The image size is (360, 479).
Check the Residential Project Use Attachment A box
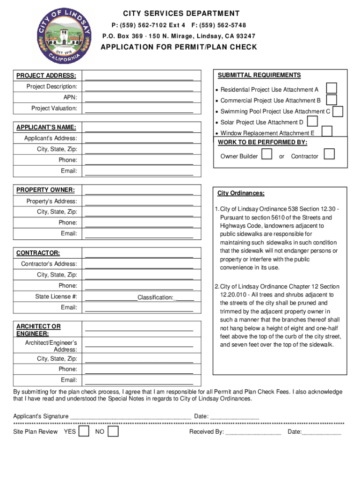click(331, 88)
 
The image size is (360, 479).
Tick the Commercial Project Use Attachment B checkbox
click(331, 100)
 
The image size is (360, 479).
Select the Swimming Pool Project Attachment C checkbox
click(338, 111)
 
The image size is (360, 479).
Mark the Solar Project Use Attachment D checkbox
click(312, 122)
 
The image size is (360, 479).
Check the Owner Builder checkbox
click(267, 154)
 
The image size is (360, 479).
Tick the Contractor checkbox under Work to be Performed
click(329, 154)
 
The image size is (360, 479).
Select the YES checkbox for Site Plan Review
click(84, 431)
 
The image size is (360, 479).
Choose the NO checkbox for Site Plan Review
click(113, 431)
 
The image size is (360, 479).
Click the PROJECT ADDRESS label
click(46, 76)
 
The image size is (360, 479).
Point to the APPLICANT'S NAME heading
click(46, 127)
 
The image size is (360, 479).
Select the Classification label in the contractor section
click(155, 298)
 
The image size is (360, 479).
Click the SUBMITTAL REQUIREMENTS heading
click(259, 75)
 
